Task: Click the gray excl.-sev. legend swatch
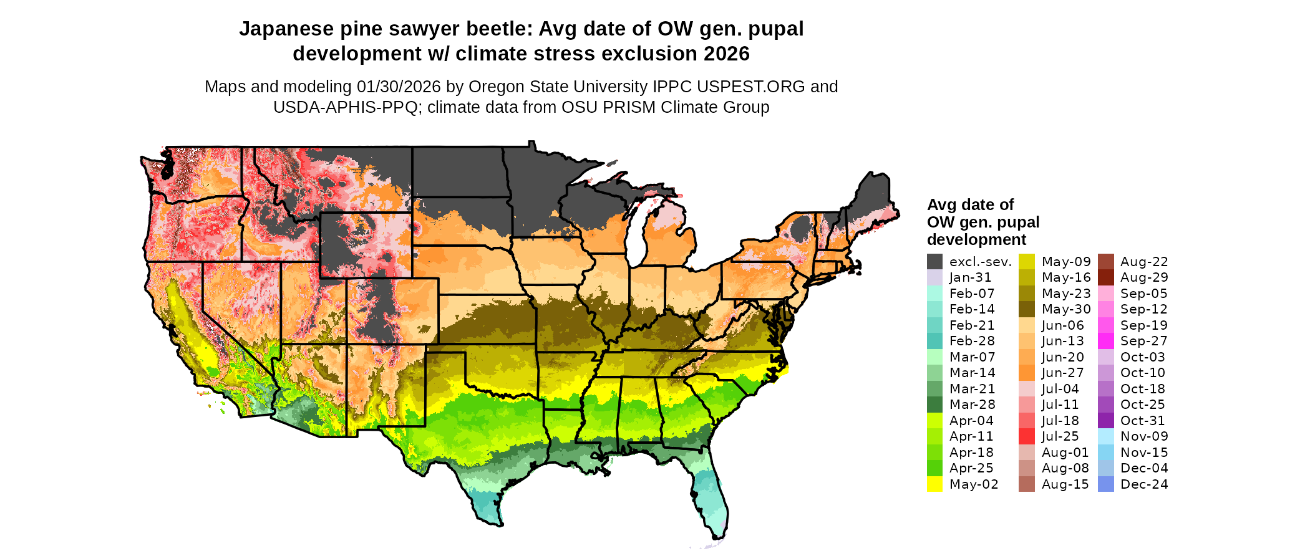[934, 262]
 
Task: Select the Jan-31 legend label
[970, 277]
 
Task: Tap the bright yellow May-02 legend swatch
[934, 484]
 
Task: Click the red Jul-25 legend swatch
[1027, 436]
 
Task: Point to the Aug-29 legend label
[1144, 277]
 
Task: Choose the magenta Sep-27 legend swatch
[1105, 341]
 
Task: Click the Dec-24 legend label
[1144, 484]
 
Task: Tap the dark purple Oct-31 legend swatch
[1105, 421]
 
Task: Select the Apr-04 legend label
[971, 421]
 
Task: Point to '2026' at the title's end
[726, 54]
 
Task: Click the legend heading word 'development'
[976, 240]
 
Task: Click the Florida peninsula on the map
[711, 499]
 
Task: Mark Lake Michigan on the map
[635, 237]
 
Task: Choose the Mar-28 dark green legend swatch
[934, 405]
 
